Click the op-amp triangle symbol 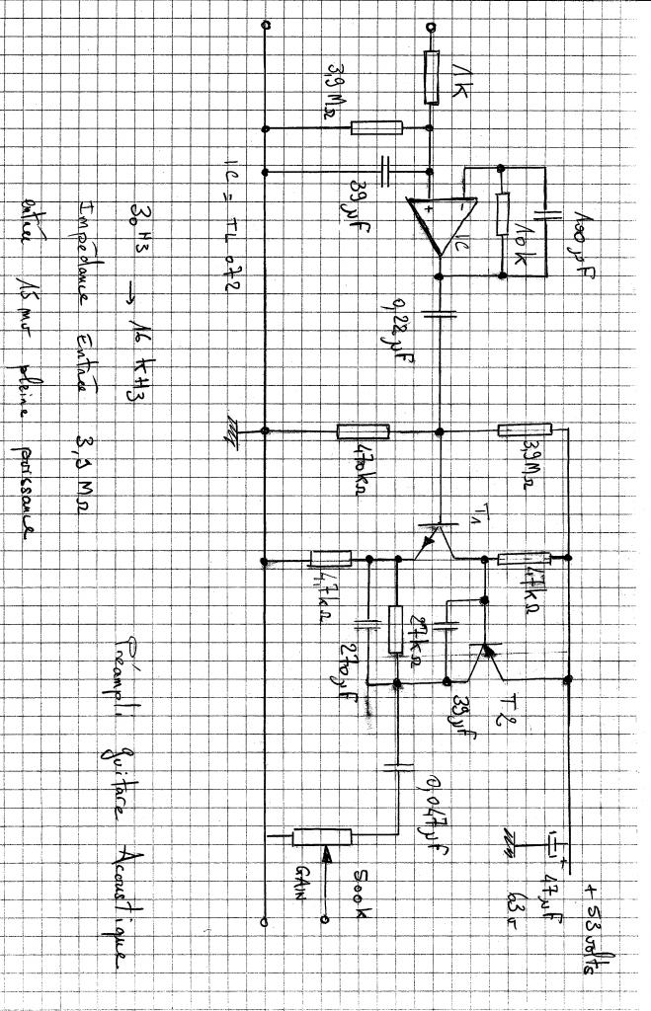click(x=443, y=226)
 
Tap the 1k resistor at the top click(x=432, y=77)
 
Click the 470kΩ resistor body click(x=363, y=430)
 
